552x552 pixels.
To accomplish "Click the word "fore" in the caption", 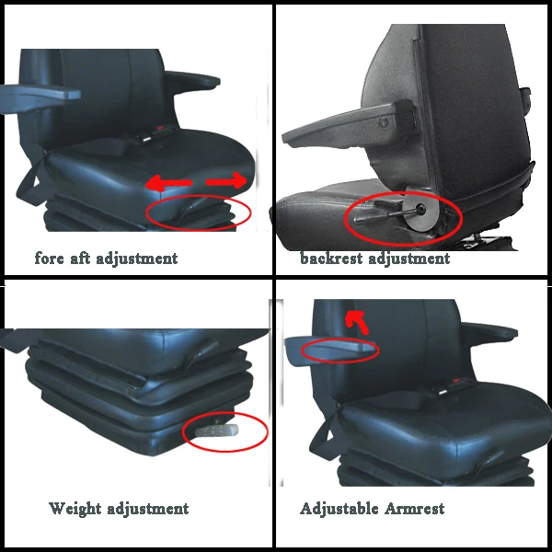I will point(51,259).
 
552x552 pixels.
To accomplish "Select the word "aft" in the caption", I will point(84,259).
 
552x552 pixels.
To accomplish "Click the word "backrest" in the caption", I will point(331,259).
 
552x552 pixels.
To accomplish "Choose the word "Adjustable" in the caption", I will point(339,508).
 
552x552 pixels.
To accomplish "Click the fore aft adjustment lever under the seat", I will point(193,213).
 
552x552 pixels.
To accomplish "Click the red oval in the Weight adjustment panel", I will point(225,432).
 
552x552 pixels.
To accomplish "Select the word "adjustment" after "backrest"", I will point(409,259).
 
